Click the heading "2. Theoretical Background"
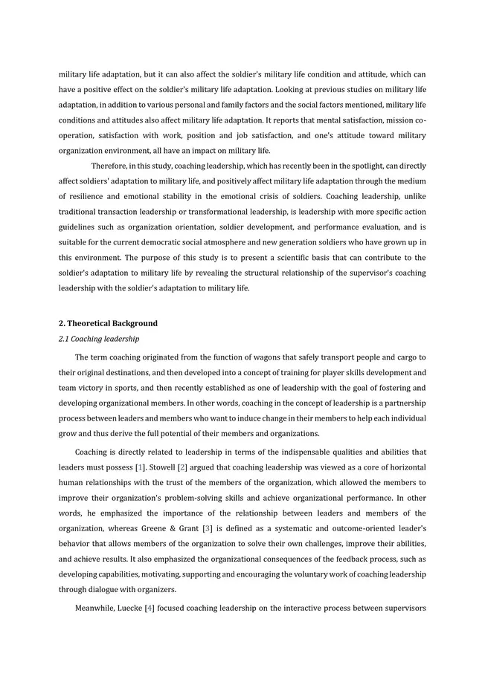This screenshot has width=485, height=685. click(108, 323)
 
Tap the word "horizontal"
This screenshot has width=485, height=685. click(402, 467)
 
